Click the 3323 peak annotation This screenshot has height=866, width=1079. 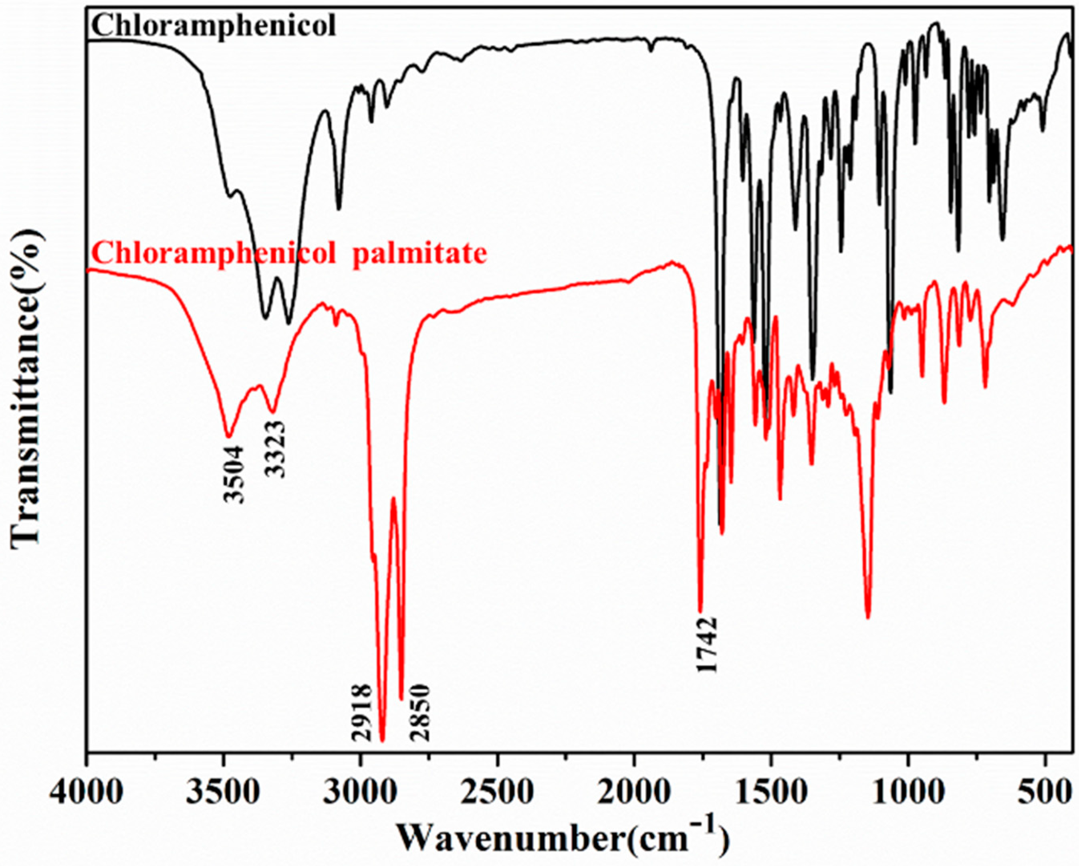pyautogui.click(x=275, y=449)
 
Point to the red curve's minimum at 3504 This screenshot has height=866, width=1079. pyautogui.click(x=229, y=436)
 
